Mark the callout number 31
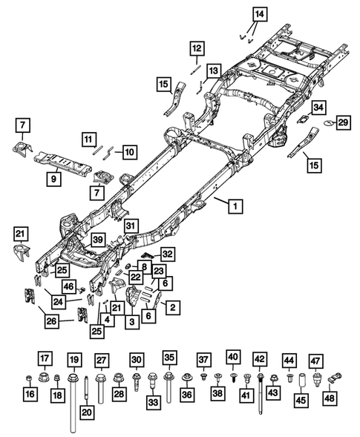click(x=131, y=226)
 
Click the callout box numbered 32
click(x=167, y=254)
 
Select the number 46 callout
click(x=69, y=286)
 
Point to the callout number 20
click(x=86, y=413)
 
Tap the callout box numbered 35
click(x=169, y=360)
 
